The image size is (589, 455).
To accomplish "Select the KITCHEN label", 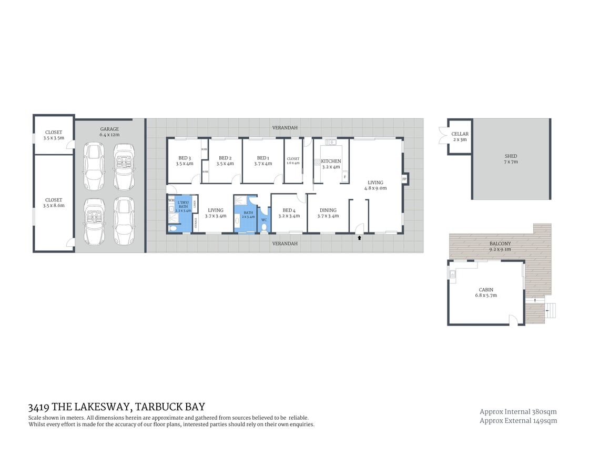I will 331,161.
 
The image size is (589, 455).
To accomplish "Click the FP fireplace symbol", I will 404,179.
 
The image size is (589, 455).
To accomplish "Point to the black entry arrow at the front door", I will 359,238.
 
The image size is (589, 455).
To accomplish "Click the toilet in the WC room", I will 264,228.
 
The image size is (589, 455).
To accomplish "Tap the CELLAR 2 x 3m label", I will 460,137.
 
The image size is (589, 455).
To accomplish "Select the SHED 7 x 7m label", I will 511,159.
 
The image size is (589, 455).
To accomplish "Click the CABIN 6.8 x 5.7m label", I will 486,292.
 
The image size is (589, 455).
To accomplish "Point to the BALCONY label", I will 500,244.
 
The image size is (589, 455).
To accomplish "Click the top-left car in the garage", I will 94,166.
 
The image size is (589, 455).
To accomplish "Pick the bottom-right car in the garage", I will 124,221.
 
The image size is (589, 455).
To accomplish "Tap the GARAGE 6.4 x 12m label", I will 109,132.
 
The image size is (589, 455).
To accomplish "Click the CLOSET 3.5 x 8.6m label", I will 54,203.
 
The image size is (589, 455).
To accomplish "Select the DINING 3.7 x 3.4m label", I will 328,213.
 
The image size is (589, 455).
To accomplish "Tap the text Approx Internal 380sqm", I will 518,412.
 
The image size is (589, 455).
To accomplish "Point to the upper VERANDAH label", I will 285,128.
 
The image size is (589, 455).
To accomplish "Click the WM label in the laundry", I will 171,200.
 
